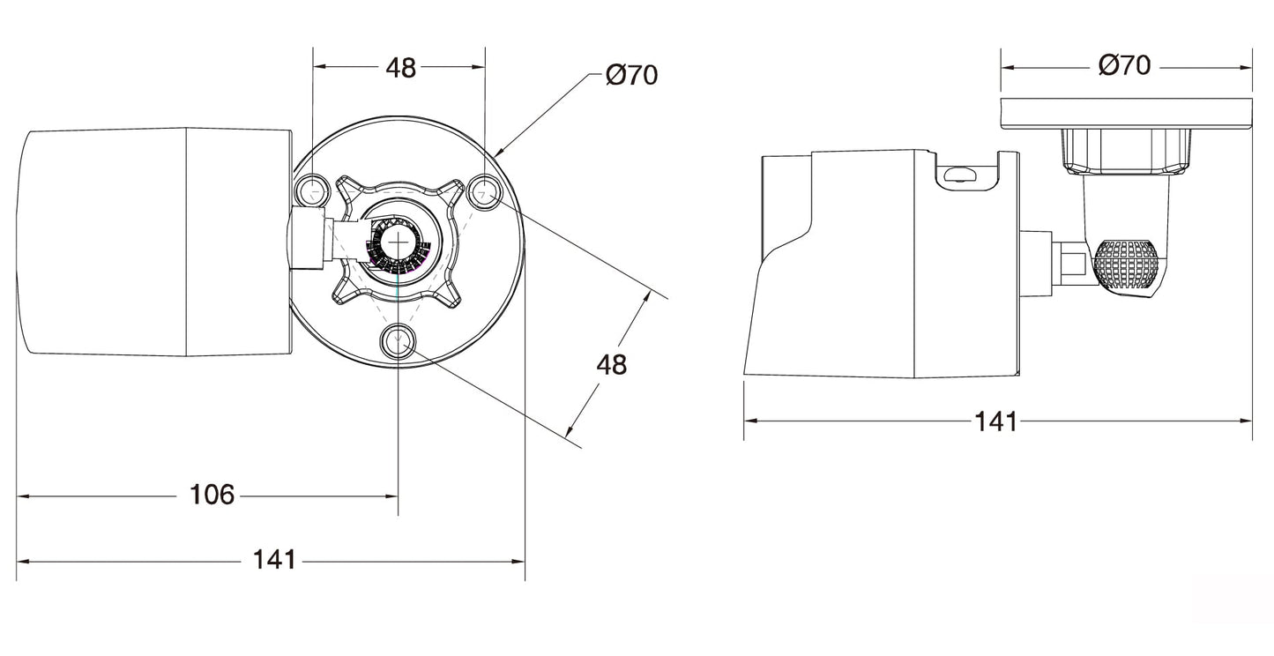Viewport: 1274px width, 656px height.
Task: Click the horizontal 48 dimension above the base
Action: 400,68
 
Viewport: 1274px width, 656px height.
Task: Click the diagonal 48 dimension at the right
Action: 611,363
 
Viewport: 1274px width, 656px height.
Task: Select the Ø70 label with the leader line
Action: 631,75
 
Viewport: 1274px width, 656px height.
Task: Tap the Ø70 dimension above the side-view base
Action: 1124,64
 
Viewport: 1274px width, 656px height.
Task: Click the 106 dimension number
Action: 212,495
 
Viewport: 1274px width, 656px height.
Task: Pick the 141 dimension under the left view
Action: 274,559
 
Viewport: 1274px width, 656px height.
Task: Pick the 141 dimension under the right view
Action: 995,421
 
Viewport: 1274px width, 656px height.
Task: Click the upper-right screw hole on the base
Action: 484,190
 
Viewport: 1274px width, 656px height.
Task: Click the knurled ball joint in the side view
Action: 1126,265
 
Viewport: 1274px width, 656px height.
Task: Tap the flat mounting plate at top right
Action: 1126,112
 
